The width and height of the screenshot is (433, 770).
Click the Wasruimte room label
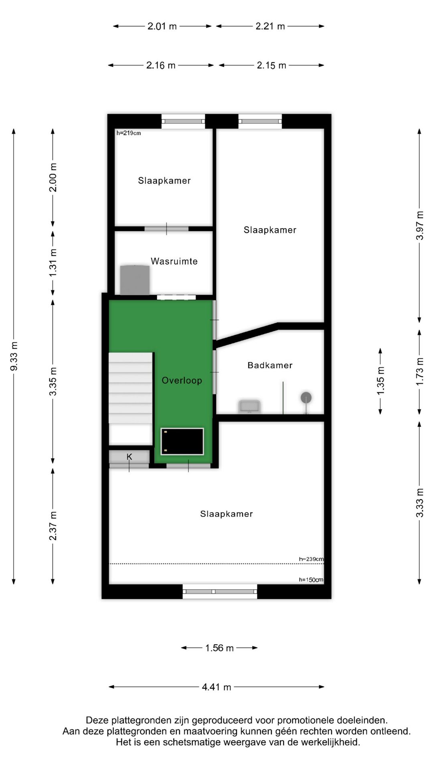(x=174, y=261)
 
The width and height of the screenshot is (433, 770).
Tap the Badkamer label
(x=270, y=365)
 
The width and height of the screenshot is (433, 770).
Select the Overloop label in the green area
(x=182, y=380)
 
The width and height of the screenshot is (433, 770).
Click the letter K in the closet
(x=129, y=457)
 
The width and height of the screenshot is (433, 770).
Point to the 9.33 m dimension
(x=14, y=356)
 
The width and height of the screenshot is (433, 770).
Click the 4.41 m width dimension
(x=216, y=687)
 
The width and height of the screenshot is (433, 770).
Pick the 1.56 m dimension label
(x=219, y=648)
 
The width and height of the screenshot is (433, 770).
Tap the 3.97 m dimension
(x=419, y=225)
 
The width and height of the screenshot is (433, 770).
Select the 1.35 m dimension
(x=380, y=381)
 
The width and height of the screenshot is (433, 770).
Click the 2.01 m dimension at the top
(x=162, y=26)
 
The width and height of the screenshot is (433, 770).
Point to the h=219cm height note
(x=129, y=133)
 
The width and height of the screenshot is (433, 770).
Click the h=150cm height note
(x=311, y=580)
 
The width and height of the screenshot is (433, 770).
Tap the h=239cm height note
(x=311, y=559)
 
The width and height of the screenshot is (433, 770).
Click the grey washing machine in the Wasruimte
(x=135, y=280)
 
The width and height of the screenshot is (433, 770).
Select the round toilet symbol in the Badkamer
(x=306, y=398)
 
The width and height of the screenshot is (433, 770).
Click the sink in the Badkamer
(x=249, y=406)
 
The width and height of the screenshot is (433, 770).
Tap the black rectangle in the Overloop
(x=182, y=441)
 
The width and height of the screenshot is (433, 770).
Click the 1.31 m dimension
(x=53, y=262)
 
